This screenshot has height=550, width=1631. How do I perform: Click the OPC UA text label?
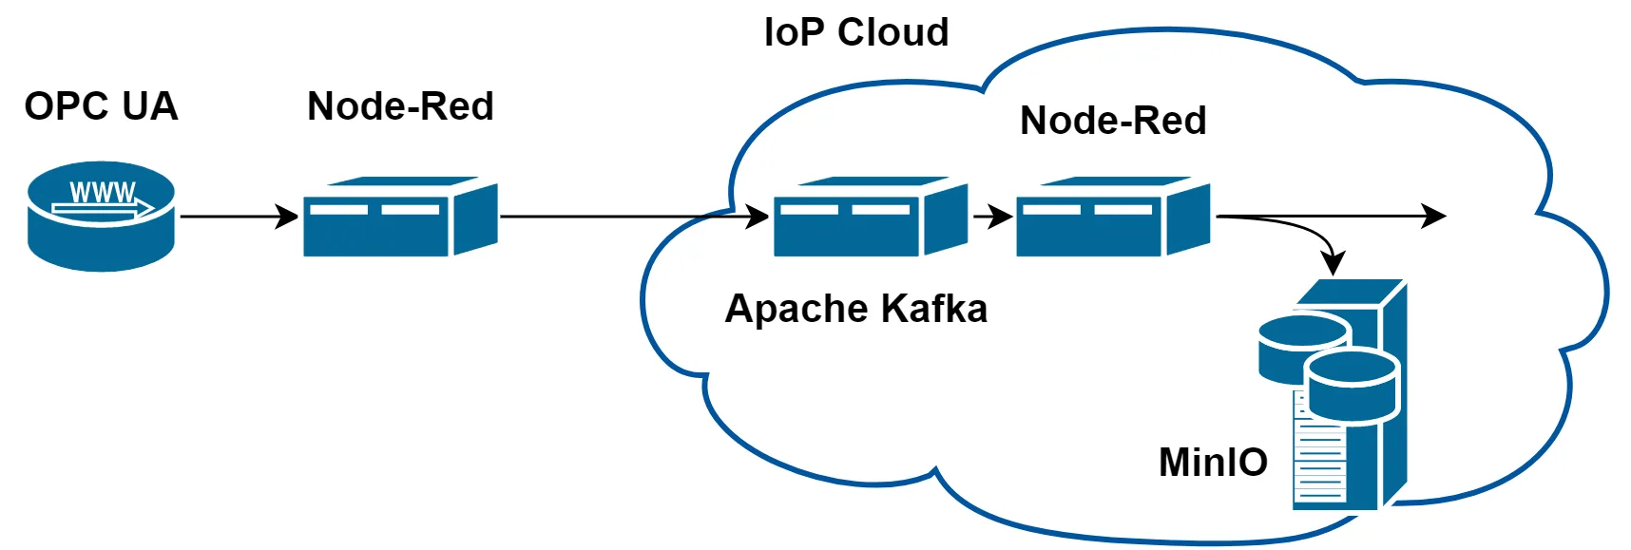tap(101, 106)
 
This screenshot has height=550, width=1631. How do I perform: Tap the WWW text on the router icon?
tap(103, 193)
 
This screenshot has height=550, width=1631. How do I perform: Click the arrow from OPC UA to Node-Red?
tap(238, 217)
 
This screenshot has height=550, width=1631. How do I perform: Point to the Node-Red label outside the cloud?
tap(400, 106)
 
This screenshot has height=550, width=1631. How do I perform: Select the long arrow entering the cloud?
tap(627, 217)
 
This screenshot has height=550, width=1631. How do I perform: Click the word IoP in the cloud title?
tap(794, 32)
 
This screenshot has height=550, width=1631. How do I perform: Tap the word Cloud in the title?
tap(892, 32)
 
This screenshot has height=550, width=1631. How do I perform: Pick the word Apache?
tap(796, 310)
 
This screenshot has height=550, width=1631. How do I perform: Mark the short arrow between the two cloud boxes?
tap(992, 217)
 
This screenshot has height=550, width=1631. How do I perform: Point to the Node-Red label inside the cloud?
tap(1113, 121)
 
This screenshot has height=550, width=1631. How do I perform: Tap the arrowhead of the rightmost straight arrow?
tap(1435, 217)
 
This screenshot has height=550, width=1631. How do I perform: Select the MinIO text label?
tap(1213, 463)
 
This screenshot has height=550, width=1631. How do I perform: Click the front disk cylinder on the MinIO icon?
tap(1353, 385)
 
